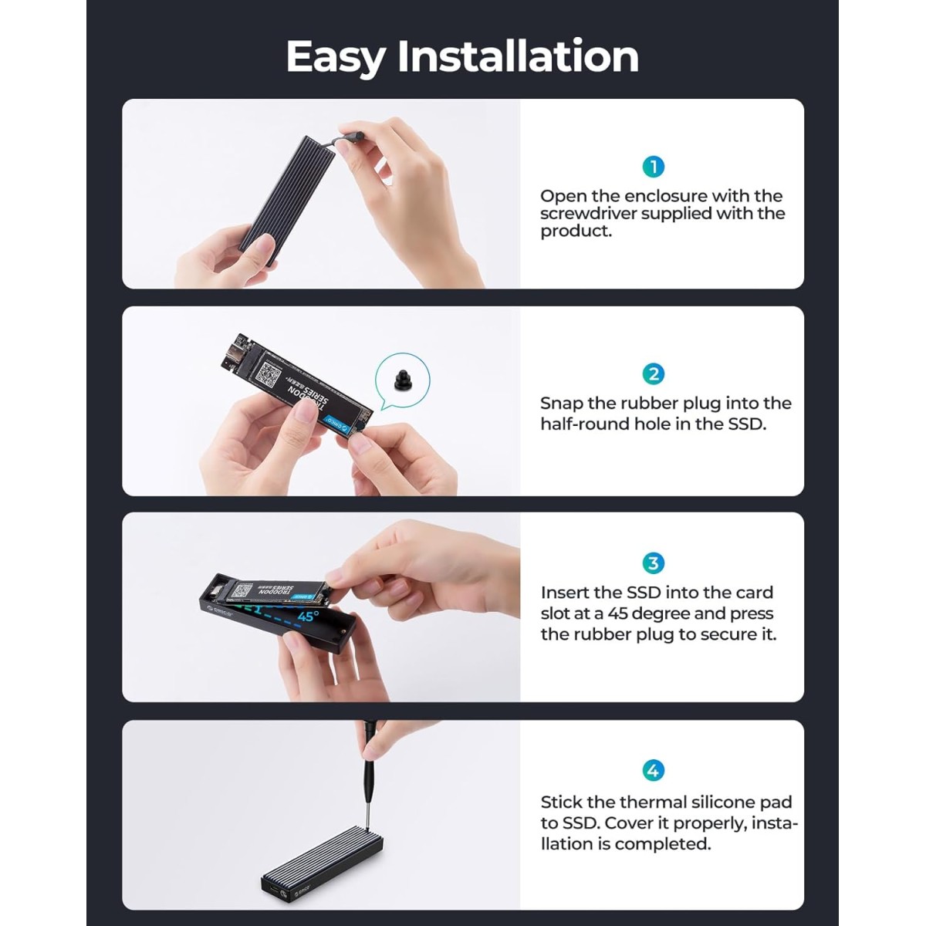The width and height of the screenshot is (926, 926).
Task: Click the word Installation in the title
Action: [518, 57]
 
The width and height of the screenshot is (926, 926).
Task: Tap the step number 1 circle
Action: [654, 167]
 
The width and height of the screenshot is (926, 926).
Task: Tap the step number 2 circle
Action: [654, 374]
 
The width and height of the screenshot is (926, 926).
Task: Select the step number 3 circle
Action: [654, 563]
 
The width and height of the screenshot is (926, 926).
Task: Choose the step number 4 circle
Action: [654, 770]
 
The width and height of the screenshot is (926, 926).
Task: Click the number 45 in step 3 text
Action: [619, 613]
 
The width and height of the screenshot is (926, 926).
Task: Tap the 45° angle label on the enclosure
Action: [307, 617]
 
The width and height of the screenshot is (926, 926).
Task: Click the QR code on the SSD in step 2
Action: [269, 375]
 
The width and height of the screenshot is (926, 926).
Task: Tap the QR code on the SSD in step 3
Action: [242, 591]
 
